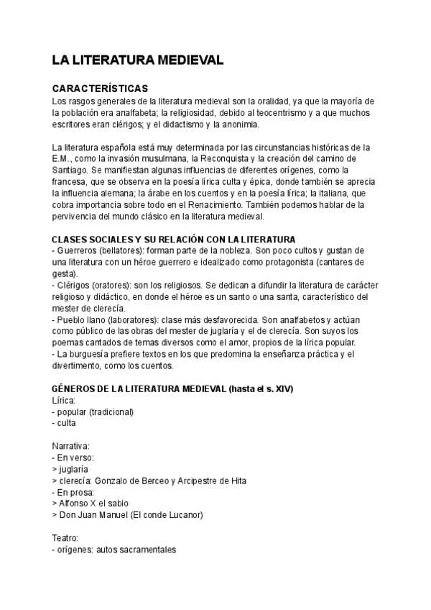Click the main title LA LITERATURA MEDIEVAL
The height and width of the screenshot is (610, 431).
[138, 60]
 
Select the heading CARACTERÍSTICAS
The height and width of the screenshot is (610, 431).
[101, 88]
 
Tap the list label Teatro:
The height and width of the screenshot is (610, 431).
[67, 538]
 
